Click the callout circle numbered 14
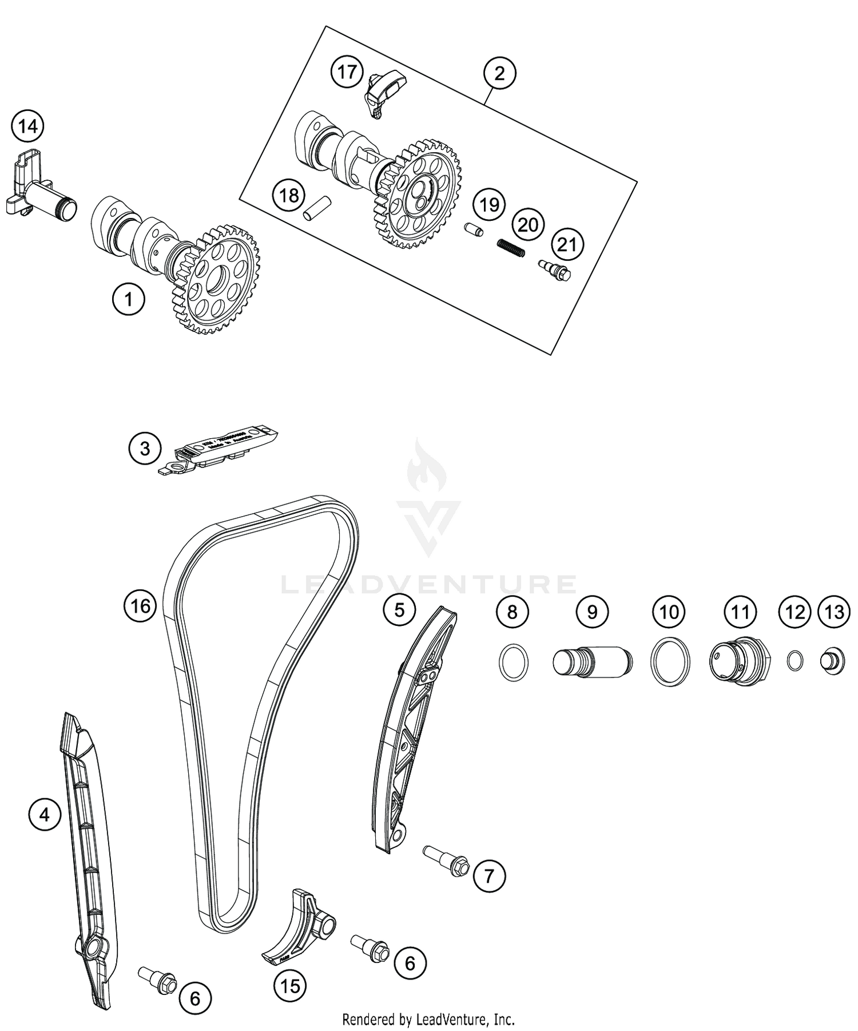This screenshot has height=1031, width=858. (x=28, y=126)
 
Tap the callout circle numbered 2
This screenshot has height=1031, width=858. (x=499, y=73)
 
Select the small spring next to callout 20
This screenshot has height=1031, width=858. (x=510, y=248)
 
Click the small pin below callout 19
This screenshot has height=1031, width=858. (x=474, y=229)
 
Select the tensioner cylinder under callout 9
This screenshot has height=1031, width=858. (x=591, y=662)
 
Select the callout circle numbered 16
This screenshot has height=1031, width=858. (x=140, y=605)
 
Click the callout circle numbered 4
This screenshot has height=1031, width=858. (x=45, y=814)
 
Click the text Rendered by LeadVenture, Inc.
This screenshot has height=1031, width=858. (x=428, y=1019)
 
